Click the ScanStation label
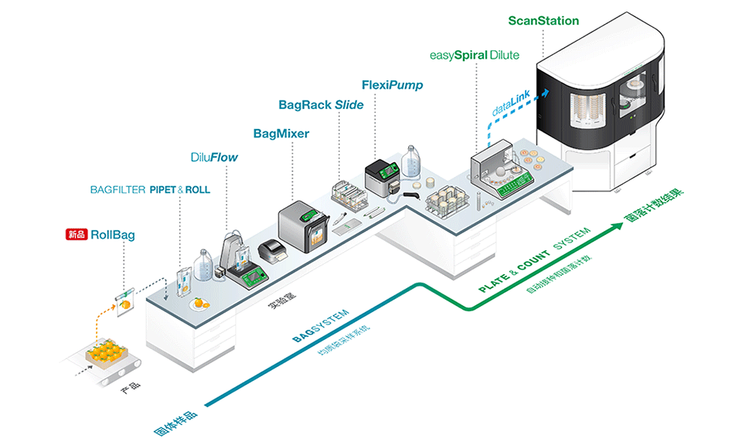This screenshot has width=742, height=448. [543, 21]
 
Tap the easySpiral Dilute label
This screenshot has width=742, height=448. [474, 56]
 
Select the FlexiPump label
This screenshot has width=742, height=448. [392, 85]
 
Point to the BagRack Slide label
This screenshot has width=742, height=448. [321, 105]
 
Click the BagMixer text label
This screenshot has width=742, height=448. [281, 134]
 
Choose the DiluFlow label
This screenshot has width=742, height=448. [214, 158]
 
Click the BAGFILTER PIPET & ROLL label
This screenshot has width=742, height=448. [150, 189]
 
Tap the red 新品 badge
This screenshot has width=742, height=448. [77, 233]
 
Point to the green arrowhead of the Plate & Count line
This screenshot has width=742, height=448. [638, 226]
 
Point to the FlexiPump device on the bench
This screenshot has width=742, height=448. [385, 176]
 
